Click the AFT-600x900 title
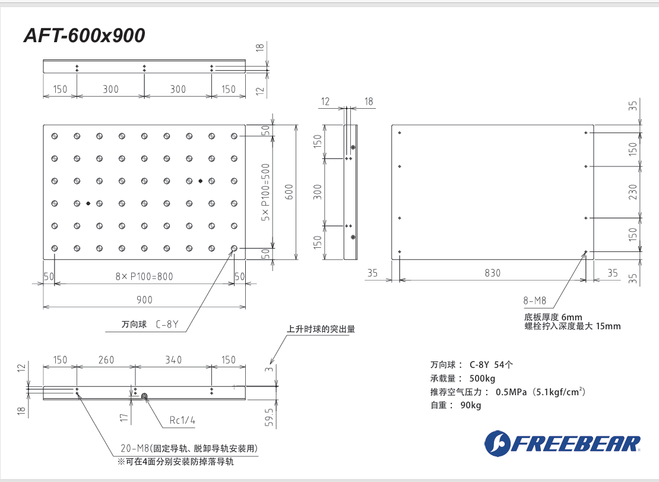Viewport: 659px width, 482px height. [84, 36]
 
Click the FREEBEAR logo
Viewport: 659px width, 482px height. [562, 443]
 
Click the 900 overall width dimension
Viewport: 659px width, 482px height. [144, 300]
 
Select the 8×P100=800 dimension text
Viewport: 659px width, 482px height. [144, 276]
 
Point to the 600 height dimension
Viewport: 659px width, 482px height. [289, 193]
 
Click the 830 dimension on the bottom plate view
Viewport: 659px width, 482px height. [492, 273]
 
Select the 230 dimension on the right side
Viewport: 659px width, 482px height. [633, 193]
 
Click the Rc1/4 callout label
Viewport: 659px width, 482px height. [182, 421]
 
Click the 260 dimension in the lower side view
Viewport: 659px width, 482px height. [106, 360]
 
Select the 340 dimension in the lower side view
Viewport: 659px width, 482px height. [173, 360]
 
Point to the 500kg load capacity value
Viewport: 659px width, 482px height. [482, 379]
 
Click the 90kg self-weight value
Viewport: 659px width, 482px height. [470, 406]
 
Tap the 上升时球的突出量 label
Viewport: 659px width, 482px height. [321, 329]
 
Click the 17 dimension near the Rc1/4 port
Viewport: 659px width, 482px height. [123, 418]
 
